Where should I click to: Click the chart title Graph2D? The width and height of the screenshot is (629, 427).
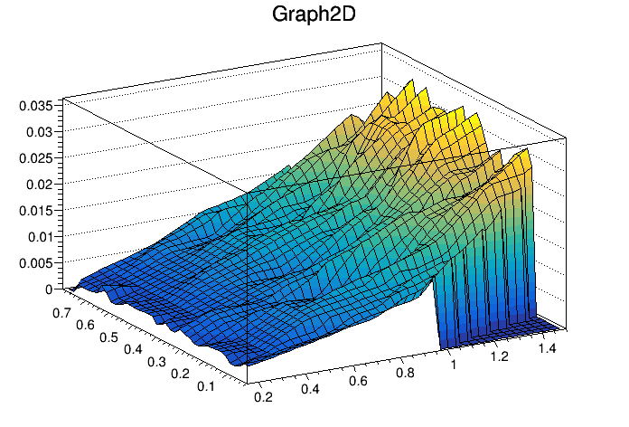(x=314, y=15)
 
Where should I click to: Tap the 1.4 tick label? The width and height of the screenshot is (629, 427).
(x=548, y=347)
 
